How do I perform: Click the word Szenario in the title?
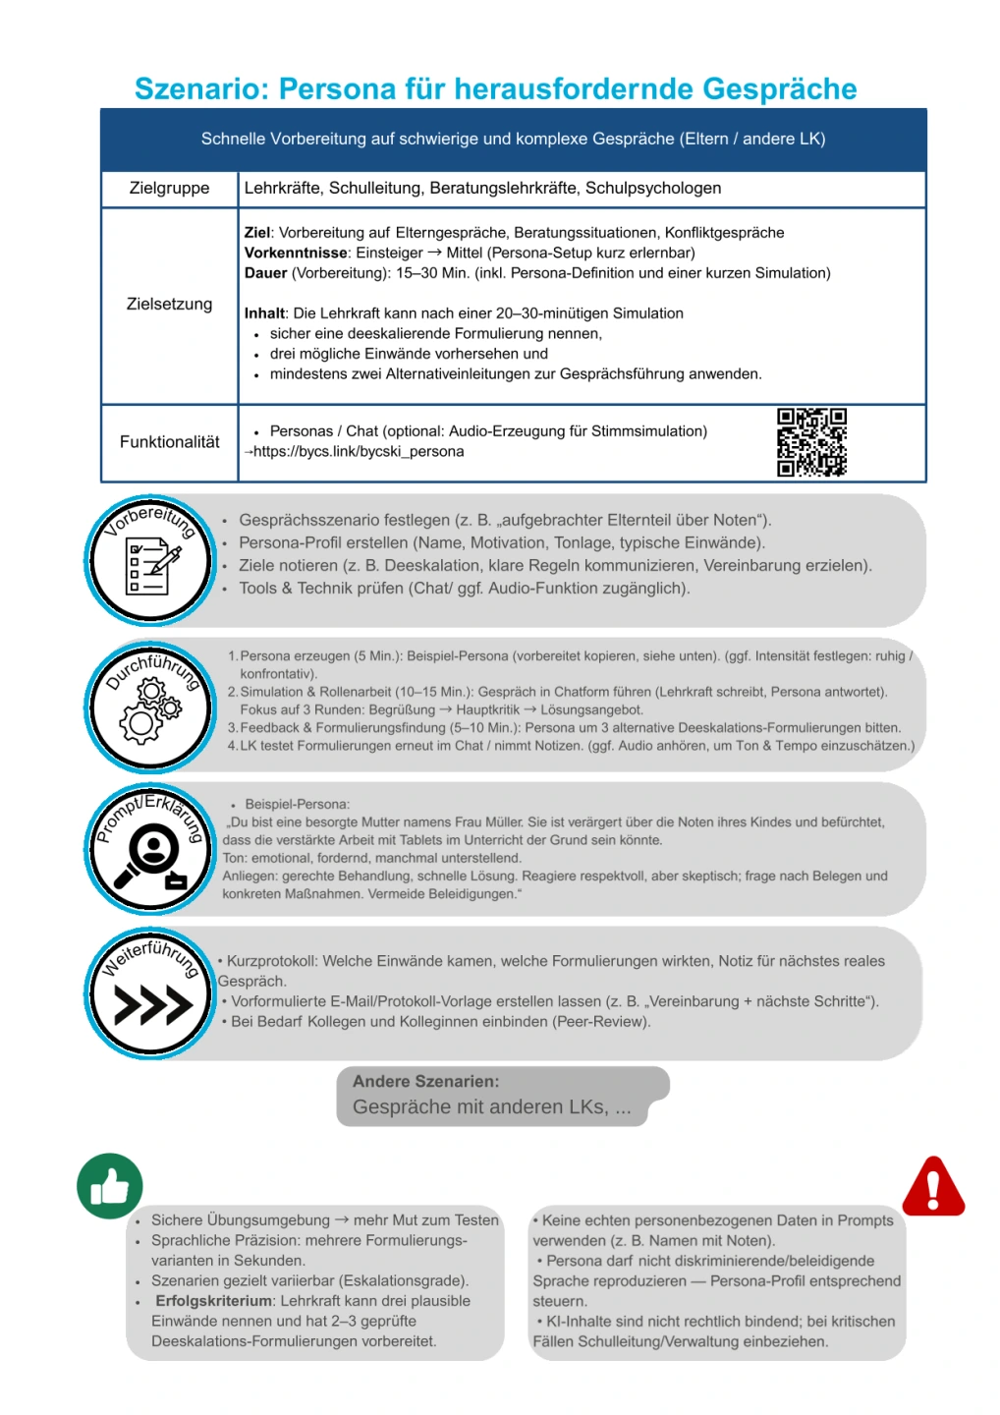pos(200,89)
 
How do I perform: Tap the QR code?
pos(811,442)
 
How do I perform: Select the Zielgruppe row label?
pos(169,188)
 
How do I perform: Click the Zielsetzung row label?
pos(169,304)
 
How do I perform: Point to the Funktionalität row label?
pos(169,442)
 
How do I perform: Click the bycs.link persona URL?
pos(358,452)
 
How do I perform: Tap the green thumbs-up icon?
pos(110,1186)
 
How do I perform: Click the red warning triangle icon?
pos(933,1187)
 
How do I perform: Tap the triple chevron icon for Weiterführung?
pos(152,1004)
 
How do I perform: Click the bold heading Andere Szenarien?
pos(425,1081)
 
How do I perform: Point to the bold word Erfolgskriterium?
pos(213,1301)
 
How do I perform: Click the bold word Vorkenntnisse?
pos(296,253)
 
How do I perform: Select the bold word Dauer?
pos(265,273)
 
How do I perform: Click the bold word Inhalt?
pos(264,313)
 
